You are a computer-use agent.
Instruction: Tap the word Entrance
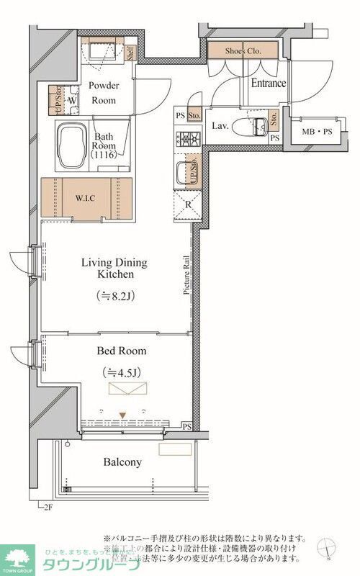(268, 84)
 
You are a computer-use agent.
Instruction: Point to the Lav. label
(220, 125)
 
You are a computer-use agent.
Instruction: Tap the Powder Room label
(104, 91)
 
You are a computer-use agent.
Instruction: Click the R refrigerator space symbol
(187, 203)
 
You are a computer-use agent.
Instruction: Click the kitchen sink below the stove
(186, 173)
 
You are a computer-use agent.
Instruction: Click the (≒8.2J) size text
(116, 295)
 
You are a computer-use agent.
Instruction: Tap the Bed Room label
(122, 351)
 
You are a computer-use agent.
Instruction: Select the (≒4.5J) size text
(122, 372)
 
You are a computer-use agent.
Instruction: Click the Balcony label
(122, 462)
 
